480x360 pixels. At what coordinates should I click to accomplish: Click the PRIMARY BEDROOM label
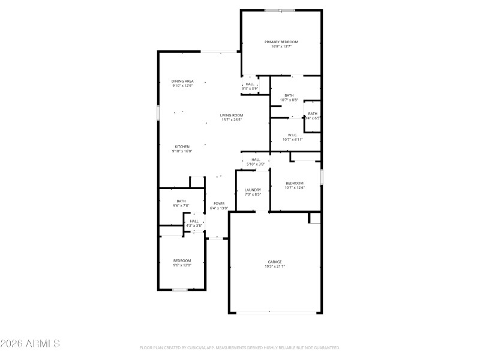[281, 42]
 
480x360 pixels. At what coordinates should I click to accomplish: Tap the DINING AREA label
[182, 81]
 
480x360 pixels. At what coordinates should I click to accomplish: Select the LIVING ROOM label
[231, 115]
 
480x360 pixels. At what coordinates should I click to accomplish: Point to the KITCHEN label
[182, 147]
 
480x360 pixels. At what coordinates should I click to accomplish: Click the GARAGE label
[275, 262]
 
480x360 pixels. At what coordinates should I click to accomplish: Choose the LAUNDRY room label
[253, 190]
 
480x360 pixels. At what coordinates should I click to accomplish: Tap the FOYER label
[219, 203]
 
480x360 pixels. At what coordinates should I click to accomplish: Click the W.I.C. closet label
[293, 135]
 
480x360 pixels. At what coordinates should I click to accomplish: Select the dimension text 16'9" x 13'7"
[281, 46]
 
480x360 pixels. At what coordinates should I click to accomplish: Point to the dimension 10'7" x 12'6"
[294, 187]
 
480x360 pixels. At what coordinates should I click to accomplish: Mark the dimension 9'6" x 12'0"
[182, 265]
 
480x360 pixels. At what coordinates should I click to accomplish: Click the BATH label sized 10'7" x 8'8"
[289, 95]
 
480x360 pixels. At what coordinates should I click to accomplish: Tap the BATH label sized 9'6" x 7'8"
[181, 201]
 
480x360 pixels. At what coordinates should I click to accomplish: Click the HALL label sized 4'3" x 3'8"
[194, 221]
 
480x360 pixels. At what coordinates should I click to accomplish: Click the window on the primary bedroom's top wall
[280, 10]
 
